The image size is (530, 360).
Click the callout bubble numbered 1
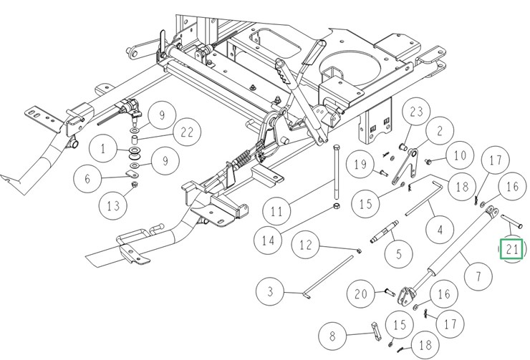tap(104, 150)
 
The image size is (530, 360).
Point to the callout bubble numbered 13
tap(113, 206)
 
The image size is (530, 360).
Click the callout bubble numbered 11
tap(276, 211)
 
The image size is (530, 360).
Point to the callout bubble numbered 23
tap(418, 112)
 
